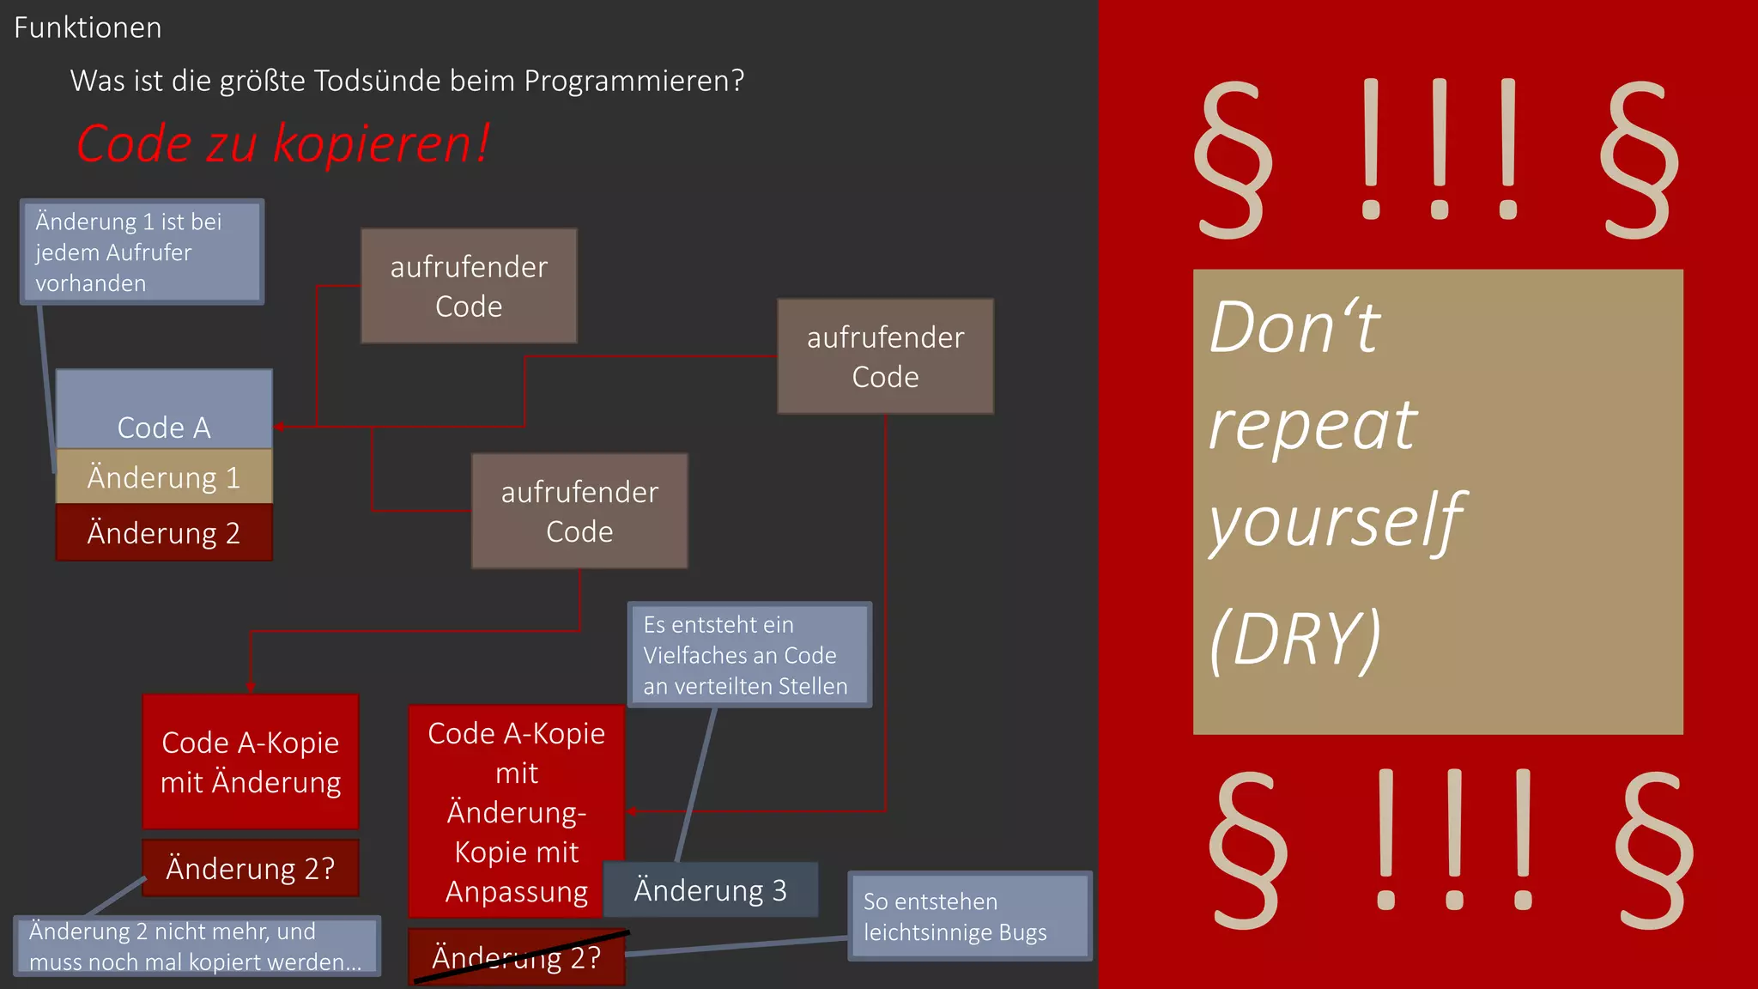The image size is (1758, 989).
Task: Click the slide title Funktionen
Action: (x=88, y=28)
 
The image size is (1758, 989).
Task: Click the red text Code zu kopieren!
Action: (x=282, y=143)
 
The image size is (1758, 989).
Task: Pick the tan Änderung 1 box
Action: (x=164, y=477)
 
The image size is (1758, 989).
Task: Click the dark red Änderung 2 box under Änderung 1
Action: (x=164, y=533)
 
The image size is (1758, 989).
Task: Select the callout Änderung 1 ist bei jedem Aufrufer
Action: (x=142, y=252)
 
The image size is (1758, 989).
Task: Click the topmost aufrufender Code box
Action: (x=469, y=286)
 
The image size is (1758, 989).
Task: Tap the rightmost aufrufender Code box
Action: (x=885, y=357)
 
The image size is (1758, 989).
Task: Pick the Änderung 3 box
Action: (x=710, y=890)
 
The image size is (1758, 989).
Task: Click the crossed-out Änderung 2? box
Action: (x=516, y=957)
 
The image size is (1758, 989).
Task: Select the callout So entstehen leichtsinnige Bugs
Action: (x=969, y=917)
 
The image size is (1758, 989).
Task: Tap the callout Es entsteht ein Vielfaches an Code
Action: (x=749, y=655)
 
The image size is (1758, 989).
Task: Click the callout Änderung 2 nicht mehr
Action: (x=197, y=946)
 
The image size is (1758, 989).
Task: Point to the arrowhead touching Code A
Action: (x=280, y=427)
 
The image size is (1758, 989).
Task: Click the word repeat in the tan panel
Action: (x=1312, y=425)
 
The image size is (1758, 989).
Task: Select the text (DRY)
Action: (x=1295, y=640)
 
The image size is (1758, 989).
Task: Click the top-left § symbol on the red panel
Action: (x=1233, y=160)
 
